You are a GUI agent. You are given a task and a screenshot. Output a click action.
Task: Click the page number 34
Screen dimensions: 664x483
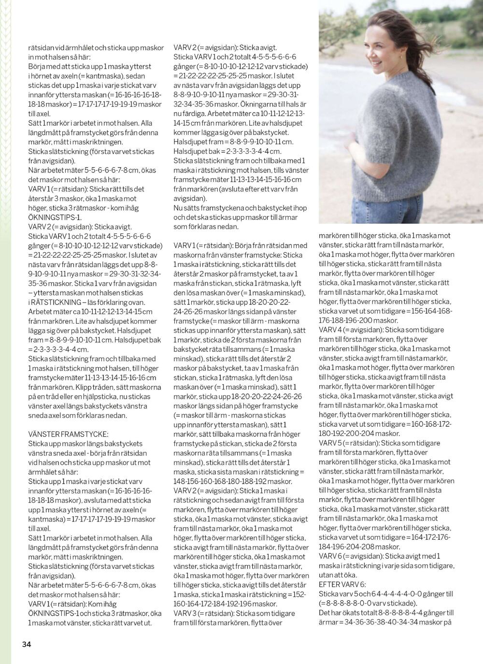(x=26, y=644)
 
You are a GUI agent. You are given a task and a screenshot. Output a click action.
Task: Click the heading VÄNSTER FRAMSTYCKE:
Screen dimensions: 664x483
(x=68, y=434)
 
